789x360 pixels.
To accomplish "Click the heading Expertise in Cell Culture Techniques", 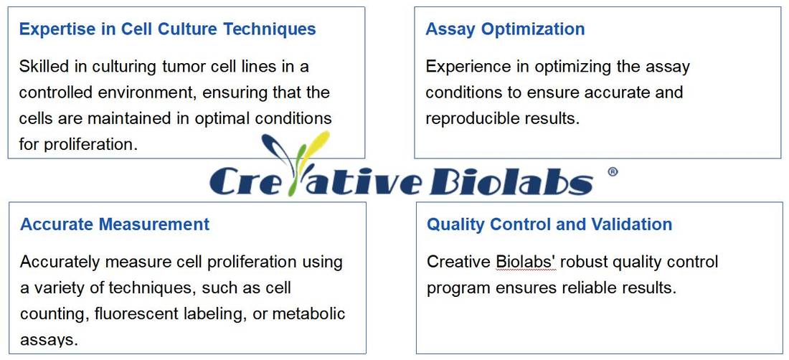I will point(167,29).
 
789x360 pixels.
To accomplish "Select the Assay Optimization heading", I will point(505,29).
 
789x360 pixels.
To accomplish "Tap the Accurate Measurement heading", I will point(115,224).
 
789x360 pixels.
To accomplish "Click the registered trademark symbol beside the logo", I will point(612,172).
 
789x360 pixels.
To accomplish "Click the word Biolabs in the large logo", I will point(510,181).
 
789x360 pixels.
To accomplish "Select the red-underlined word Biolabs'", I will point(526,262).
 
